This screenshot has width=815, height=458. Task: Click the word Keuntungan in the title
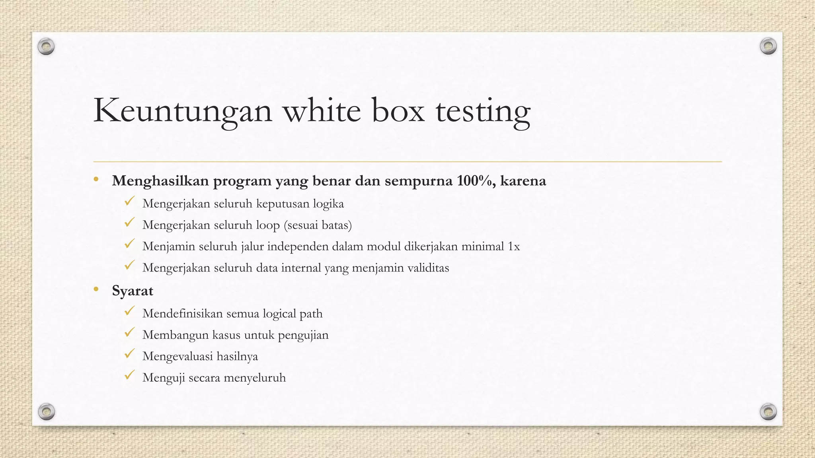click(183, 111)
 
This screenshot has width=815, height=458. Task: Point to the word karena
click(523, 181)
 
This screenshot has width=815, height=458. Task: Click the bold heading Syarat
click(133, 291)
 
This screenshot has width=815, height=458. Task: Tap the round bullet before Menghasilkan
click(96, 180)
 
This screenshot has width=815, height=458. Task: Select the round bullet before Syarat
click(96, 289)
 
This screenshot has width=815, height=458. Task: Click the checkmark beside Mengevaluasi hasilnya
click(129, 353)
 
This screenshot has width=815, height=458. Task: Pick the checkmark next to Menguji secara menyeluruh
click(129, 375)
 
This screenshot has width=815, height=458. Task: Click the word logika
click(328, 204)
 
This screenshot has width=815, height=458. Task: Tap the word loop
click(268, 225)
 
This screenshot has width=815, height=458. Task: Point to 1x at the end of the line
click(514, 246)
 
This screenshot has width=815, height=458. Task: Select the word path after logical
click(311, 314)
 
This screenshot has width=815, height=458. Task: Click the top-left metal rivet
click(46, 47)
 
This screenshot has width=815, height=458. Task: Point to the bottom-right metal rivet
click(768, 411)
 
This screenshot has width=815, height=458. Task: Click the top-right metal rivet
click(768, 46)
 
